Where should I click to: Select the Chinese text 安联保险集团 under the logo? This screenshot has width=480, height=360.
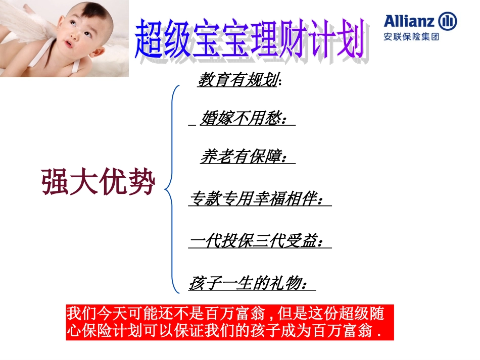click(411, 37)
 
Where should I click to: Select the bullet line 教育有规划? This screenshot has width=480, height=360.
click(237, 80)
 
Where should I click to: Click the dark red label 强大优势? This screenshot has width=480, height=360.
click(98, 183)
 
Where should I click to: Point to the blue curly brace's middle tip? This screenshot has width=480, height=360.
click(166, 190)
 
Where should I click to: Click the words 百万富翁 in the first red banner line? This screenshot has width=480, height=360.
click(237, 314)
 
